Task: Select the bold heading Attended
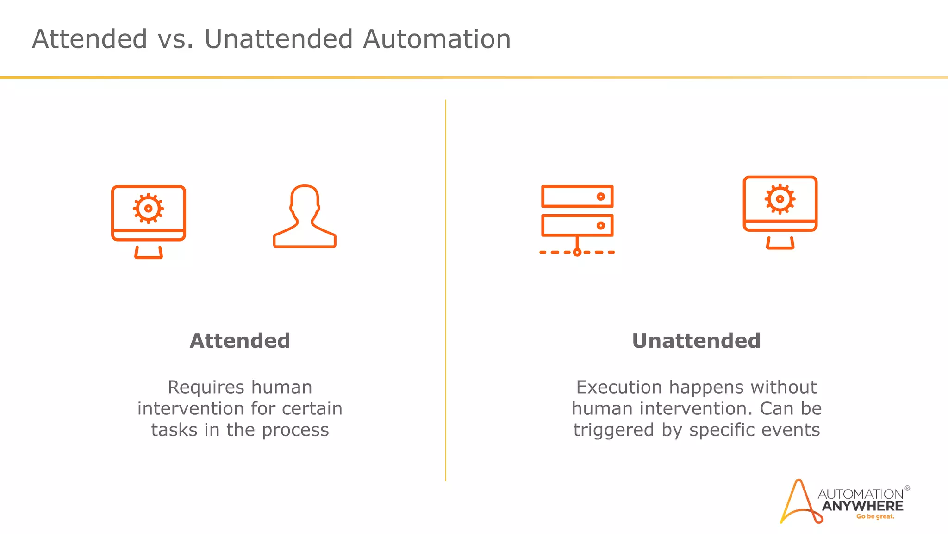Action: tap(240, 341)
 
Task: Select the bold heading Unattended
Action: tap(696, 341)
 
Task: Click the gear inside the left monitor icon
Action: tap(148, 209)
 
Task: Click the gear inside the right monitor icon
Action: tap(780, 199)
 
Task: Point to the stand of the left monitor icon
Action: tap(148, 253)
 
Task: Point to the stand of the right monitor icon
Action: tap(780, 243)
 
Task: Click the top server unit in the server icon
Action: tap(577, 197)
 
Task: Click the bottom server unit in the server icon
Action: tap(577, 226)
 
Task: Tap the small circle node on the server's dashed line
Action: tap(577, 253)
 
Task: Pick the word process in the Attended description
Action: tap(295, 431)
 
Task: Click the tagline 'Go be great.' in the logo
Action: tap(875, 517)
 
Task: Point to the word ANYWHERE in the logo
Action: tap(862, 506)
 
